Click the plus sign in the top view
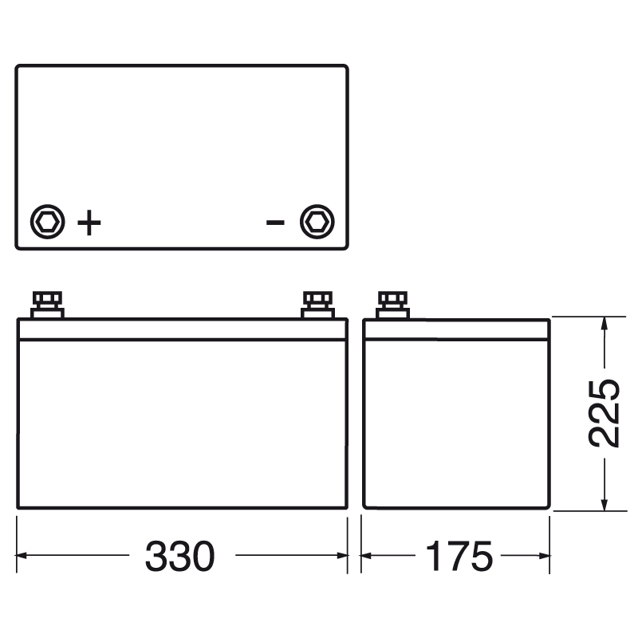[x=89, y=223]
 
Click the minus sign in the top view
[x=275, y=222]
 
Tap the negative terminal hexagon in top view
[x=317, y=222]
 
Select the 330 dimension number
[x=179, y=556]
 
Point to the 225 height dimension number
[x=604, y=412]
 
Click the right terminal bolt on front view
[x=317, y=305]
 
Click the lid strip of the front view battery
[x=182, y=329]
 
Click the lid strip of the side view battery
[x=457, y=329]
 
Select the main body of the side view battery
[x=457, y=423]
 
